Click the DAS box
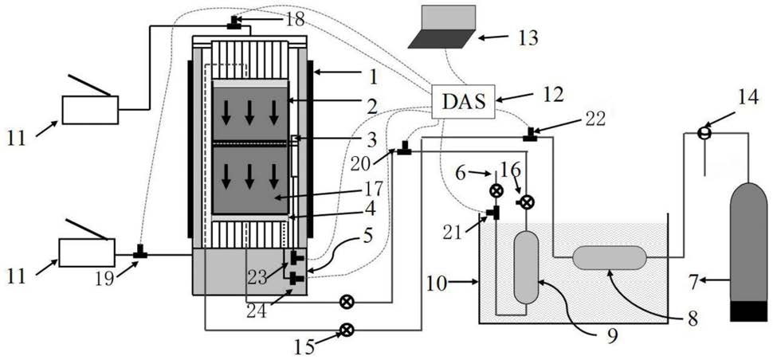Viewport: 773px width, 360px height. point(463,101)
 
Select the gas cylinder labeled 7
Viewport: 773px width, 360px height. point(747,252)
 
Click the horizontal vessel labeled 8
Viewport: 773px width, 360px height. point(610,257)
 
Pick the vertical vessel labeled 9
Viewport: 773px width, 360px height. point(526,268)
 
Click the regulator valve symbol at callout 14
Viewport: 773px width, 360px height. point(704,133)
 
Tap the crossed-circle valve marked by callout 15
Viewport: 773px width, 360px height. point(347,330)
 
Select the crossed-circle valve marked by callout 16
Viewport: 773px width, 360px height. point(527,202)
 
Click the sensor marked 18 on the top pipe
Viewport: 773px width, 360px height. point(233,22)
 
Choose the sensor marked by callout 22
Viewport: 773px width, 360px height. point(530,134)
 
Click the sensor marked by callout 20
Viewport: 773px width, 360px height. point(405,147)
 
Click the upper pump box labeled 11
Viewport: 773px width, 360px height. point(90,110)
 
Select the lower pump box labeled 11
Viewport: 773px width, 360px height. point(87,252)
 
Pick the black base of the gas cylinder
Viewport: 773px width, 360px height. point(748,311)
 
